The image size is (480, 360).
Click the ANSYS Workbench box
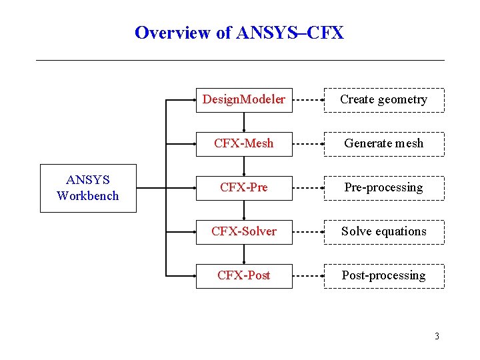tap(88, 188)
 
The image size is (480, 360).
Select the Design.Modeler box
tap(244, 99)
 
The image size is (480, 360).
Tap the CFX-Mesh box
tap(244, 143)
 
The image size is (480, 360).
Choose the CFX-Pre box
tap(244, 187)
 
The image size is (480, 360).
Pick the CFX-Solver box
tap(244, 231)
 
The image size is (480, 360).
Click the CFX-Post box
tap(244, 275)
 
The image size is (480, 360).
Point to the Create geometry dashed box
tap(384, 99)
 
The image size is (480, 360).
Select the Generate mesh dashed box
tap(384, 143)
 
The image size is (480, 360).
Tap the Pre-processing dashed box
tap(384, 187)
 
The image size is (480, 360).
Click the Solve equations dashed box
tap(384, 231)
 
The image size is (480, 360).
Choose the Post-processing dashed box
tap(384, 275)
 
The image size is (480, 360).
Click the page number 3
tap(437, 336)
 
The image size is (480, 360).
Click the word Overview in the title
tap(173, 33)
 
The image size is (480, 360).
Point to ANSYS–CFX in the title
tap(290, 33)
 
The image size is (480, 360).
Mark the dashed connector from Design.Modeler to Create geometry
tap(308, 100)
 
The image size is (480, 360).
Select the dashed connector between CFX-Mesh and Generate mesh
tap(308, 144)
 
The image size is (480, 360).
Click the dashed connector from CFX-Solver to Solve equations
tap(308, 232)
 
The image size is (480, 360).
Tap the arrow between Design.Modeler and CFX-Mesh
tap(244, 121)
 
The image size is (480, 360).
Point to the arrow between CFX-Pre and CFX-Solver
tap(244, 209)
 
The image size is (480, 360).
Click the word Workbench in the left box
tap(88, 196)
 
